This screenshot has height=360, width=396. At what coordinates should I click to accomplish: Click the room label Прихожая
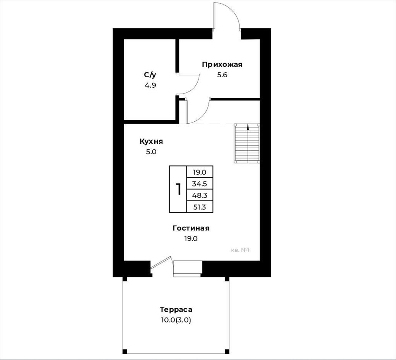(222, 65)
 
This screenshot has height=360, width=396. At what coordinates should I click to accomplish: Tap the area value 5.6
(222, 75)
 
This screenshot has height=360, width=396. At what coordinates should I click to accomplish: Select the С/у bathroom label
(150, 75)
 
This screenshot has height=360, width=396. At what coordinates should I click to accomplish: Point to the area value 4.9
(150, 85)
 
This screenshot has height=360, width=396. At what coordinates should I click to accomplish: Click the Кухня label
(151, 141)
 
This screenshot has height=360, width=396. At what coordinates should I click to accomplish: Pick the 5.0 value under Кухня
(151, 152)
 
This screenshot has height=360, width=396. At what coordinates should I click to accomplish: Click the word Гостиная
(191, 228)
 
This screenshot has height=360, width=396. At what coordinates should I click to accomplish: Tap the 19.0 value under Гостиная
(191, 239)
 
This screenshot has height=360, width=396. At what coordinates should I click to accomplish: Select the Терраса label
(176, 309)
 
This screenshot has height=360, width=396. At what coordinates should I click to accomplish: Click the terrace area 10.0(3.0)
(176, 320)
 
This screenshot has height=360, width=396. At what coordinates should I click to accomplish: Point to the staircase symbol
(247, 143)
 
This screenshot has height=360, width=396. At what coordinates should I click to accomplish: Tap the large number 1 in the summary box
(178, 189)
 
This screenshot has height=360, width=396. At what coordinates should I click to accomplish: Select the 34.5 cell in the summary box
(200, 184)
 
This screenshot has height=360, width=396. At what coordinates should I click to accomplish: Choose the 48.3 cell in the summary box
(200, 195)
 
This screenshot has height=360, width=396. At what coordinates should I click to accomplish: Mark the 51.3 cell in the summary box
(200, 207)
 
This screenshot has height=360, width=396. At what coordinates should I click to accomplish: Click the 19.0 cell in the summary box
(200, 172)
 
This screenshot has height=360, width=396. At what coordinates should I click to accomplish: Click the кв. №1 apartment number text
(241, 250)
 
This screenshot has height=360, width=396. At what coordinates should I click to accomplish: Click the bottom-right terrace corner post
(227, 352)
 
